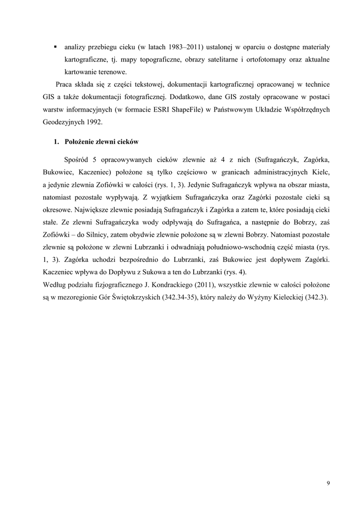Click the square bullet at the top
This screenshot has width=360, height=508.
click(x=55, y=47)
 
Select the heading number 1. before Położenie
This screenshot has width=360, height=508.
click(x=57, y=142)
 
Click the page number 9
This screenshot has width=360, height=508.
click(x=328, y=483)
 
